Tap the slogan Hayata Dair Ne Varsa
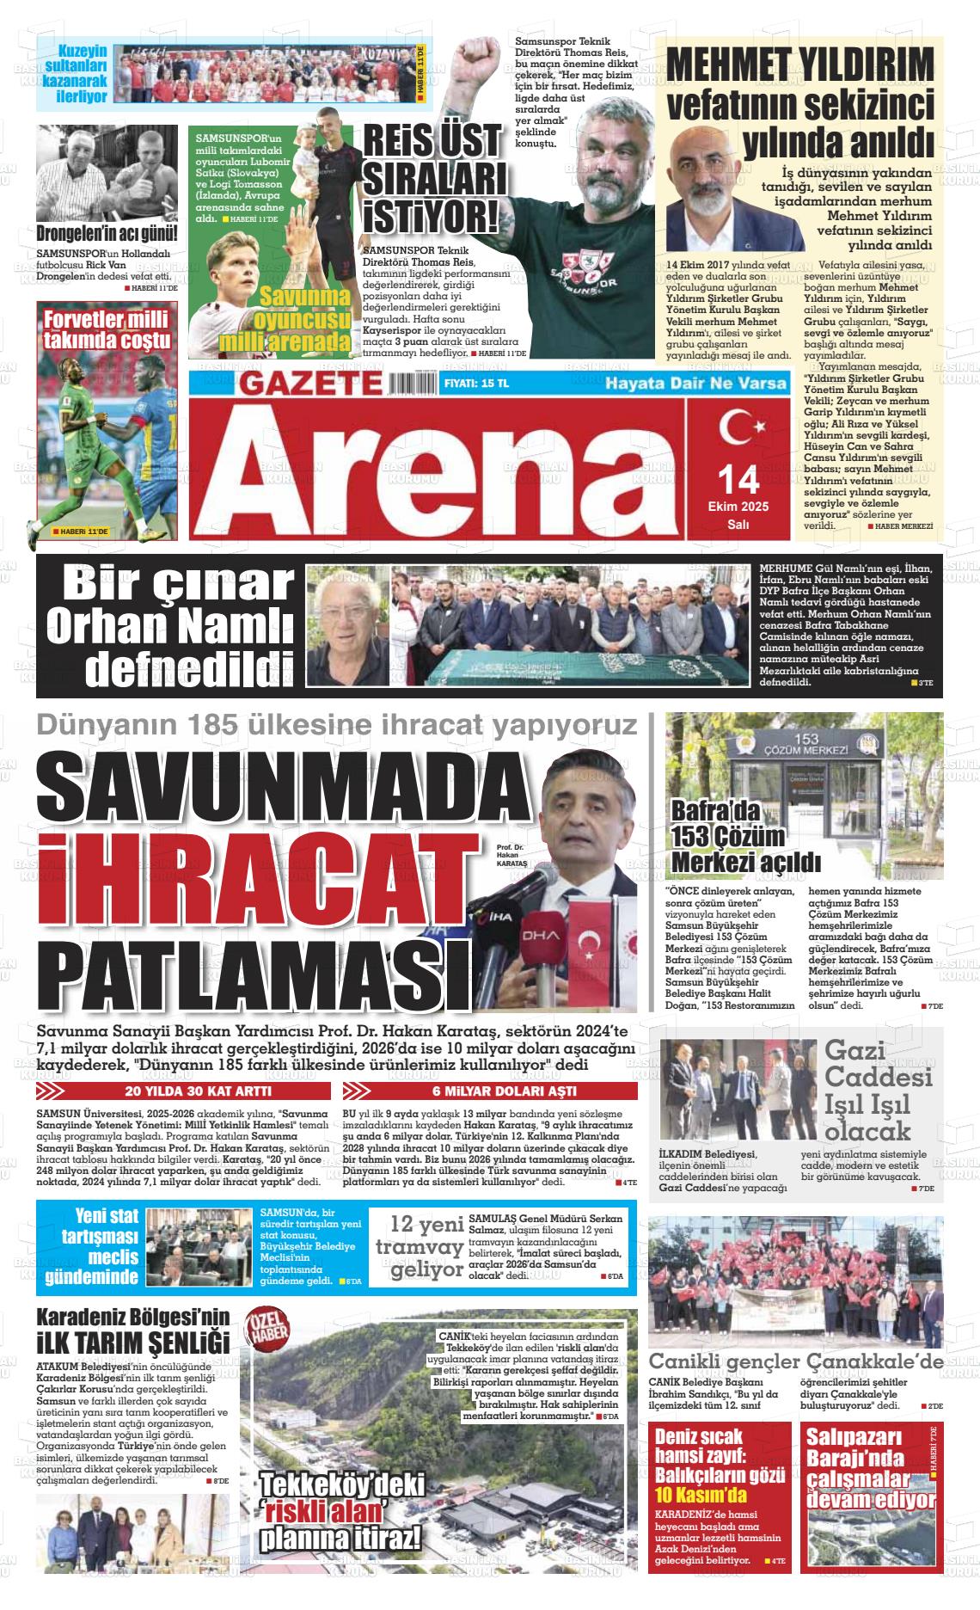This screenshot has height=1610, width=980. click(696, 384)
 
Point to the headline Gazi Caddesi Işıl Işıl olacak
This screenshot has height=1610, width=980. click(867, 1090)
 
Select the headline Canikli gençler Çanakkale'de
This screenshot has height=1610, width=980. click(796, 1361)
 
